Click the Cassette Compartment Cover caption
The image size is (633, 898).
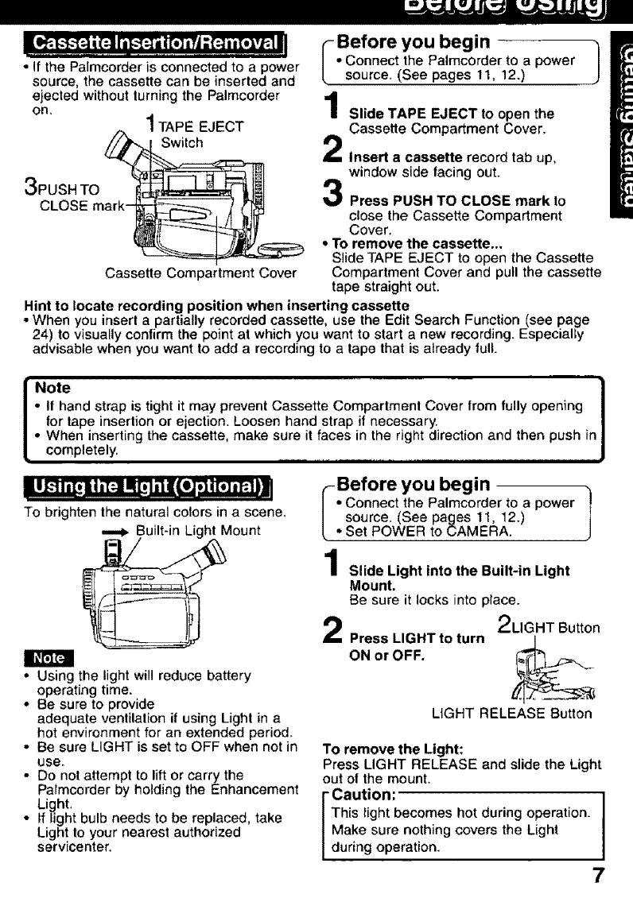point(200,275)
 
